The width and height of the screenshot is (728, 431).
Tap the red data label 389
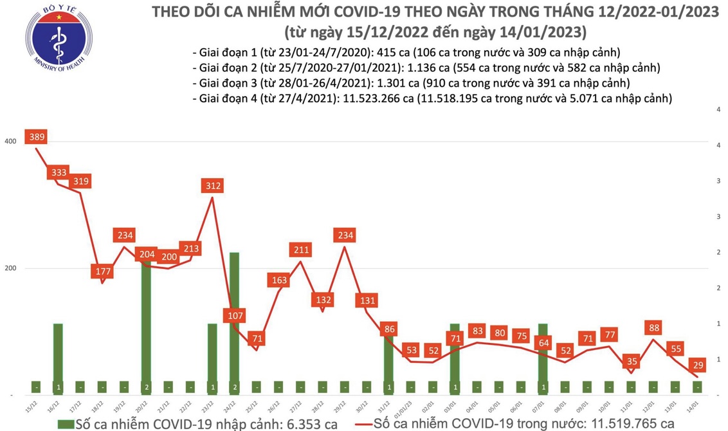tap(37, 137)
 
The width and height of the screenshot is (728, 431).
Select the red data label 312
tap(213, 186)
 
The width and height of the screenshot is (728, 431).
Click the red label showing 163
tap(279, 280)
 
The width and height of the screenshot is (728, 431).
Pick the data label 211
tap(301, 250)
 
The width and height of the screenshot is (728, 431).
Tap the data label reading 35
tap(632, 361)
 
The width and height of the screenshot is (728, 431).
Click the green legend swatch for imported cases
tap(65, 424)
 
